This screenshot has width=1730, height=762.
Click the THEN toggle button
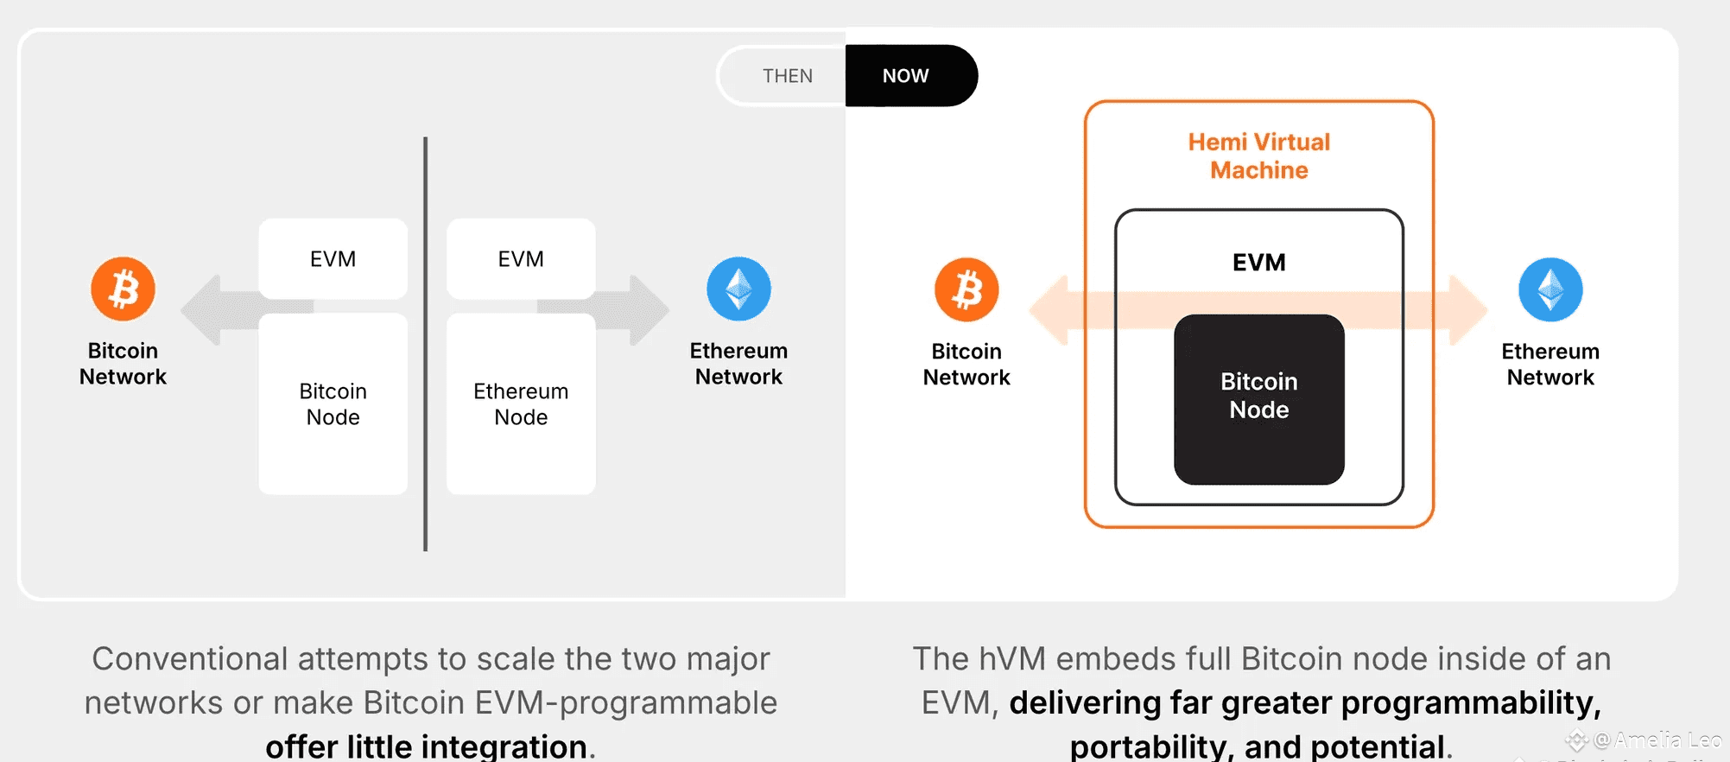786,76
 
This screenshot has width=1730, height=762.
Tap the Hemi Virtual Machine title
1258,156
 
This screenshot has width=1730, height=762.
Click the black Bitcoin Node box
1258,398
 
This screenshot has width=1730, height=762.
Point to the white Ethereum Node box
521,403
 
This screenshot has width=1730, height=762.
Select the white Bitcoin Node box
333,403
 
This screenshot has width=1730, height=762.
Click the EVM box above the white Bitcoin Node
333,258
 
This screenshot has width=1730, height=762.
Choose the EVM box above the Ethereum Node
521,258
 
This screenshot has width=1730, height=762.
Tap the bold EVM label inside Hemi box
1258,262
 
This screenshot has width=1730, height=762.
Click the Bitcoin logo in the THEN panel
124,289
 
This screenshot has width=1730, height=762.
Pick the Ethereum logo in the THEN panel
738,289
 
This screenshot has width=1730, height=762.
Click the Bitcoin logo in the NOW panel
966,289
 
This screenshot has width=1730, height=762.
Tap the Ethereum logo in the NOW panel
1550,289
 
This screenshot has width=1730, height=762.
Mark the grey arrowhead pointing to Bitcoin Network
202,309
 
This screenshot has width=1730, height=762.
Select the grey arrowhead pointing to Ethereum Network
649,309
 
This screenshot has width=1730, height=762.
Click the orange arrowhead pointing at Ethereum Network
1467,309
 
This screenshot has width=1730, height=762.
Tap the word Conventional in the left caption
190,658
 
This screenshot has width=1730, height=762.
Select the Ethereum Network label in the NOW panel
1550,364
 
